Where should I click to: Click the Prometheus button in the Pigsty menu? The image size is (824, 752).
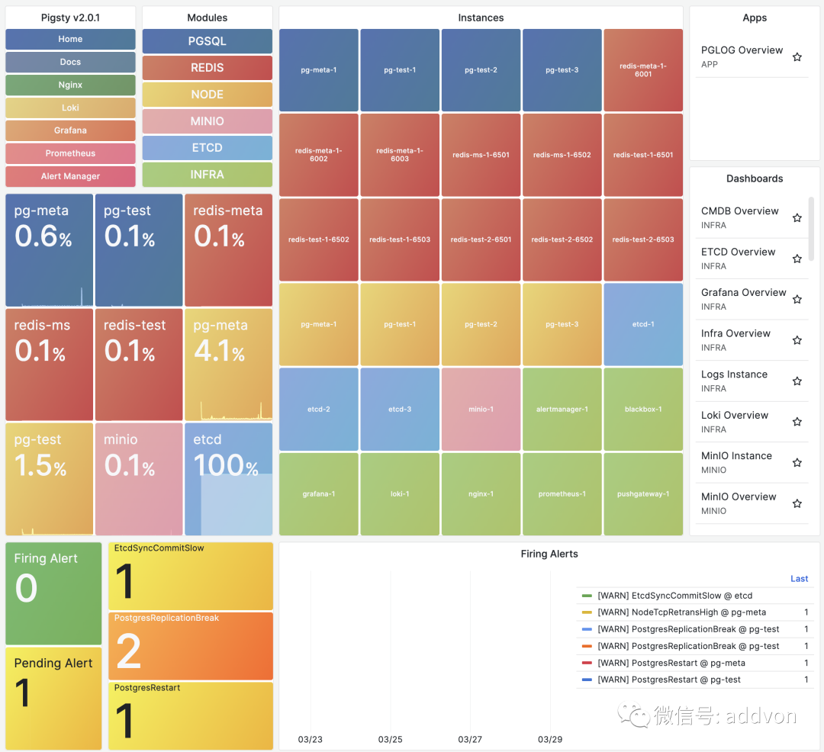pyautogui.click(x=70, y=153)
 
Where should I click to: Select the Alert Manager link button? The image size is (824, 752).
pyautogui.click(x=70, y=176)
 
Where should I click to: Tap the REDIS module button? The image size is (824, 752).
pyautogui.click(x=207, y=68)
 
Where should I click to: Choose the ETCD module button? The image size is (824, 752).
pyautogui.click(x=207, y=147)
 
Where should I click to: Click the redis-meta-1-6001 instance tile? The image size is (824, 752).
pyautogui.click(x=643, y=70)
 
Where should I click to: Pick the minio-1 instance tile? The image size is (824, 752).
pyautogui.click(x=481, y=409)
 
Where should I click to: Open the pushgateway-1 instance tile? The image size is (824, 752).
pyautogui.click(x=643, y=494)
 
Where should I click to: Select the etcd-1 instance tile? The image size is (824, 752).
pyautogui.click(x=643, y=325)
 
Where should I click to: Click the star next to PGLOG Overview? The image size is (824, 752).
pyautogui.click(x=797, y=56)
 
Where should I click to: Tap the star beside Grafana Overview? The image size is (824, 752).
pyautogui.click(x=797, y=299)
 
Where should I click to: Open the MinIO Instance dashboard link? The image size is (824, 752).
pyautogui.click(x=736, y=456)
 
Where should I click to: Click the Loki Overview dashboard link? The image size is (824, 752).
pyautogui.click(x=735, y=415)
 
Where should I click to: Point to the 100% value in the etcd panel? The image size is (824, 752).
pyautogui.click(x=226, y=465)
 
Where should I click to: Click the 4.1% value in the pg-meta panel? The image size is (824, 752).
pyautogui.click(x=220, y=351)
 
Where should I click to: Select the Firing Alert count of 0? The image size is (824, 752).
pyautogui.click(x=26, y=587)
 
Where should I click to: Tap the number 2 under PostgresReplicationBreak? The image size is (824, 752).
pyautogui.click(x=128, y=651)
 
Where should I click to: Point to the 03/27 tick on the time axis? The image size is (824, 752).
pyautogui.click(x=470, y=739)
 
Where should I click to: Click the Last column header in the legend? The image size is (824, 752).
pyautogui.click(x=800, y=579)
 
